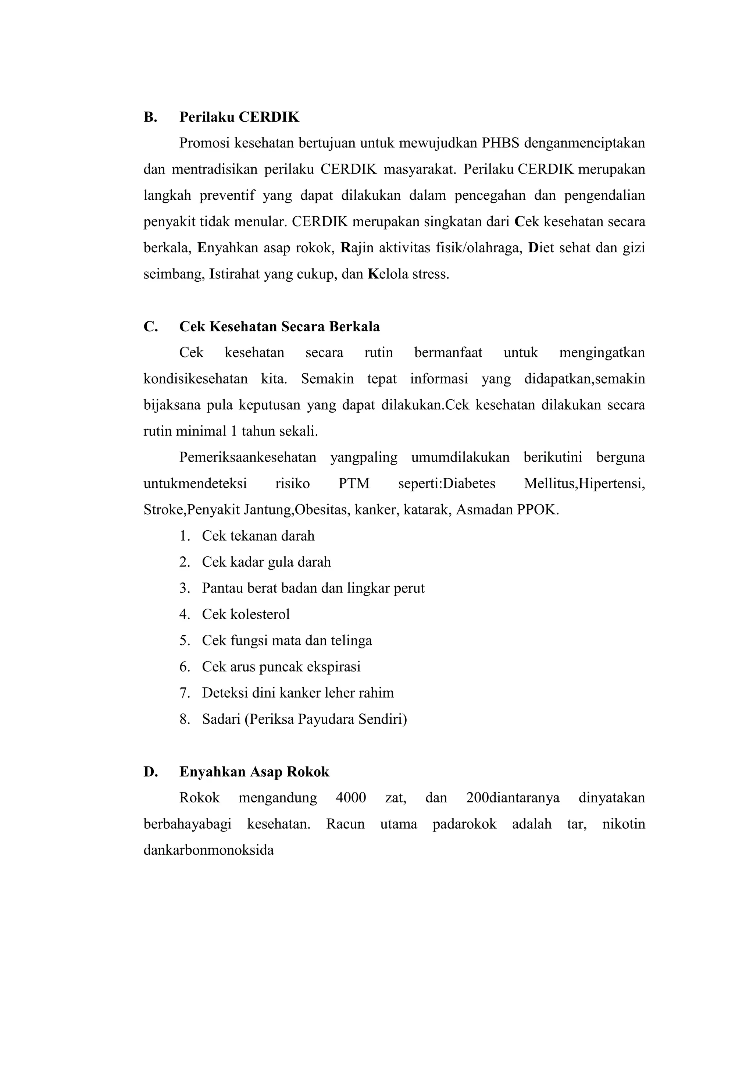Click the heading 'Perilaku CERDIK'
tap(239, 117)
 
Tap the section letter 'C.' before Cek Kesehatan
tap(151, 327)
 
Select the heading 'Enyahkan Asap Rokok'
tap(254, 772)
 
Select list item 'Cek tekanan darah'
tap(258, 536)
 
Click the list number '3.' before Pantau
tap(185, 589)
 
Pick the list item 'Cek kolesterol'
tap(246, 615)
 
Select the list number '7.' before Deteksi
tap(185, 693)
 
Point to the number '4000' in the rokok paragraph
tap(351, 798)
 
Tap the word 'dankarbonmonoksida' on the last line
tap(208, 850)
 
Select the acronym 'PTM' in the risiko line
tap(354, 484)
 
